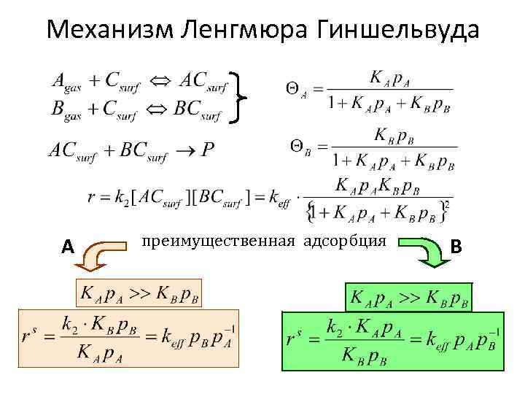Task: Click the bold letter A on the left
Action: coord(68,248)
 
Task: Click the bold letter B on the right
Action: coord(456,247)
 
